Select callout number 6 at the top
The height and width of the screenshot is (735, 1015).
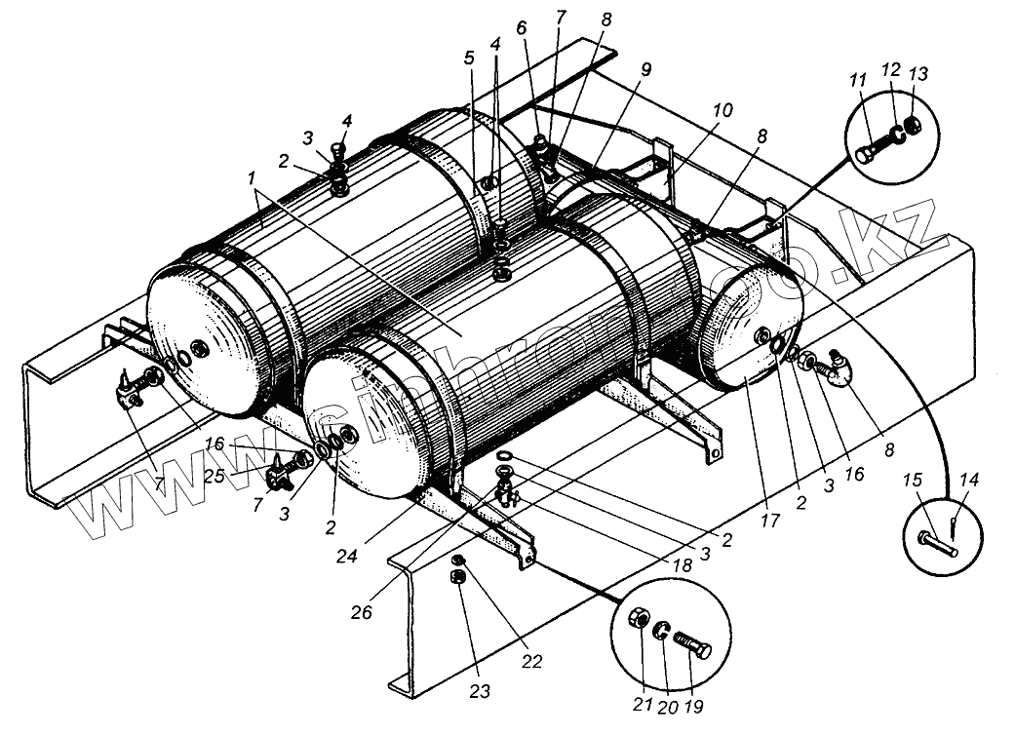coord(521,30)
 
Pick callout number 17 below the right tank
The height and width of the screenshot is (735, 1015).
coord(770,522)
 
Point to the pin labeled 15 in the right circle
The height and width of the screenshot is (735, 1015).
coord(936,541)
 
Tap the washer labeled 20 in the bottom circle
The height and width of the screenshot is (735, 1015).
coord(662,631)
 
